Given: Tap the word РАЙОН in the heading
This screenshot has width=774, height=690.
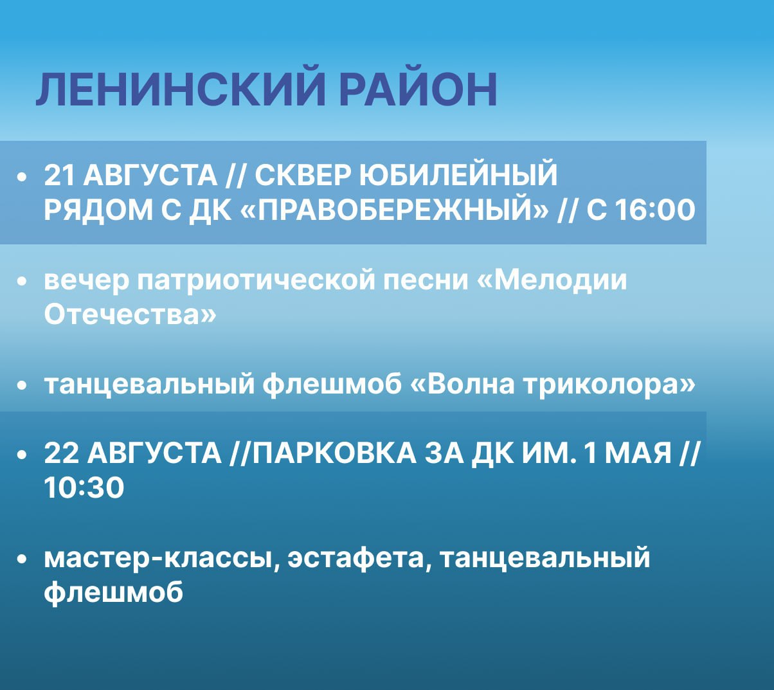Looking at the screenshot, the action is (x=419, y=89).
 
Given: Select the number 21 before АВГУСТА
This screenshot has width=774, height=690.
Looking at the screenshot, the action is (x=59, y=176).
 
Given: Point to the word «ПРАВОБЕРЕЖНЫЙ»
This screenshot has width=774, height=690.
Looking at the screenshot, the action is (x=395, y=210).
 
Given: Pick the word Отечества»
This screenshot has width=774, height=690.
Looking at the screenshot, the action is (x=130, y=315).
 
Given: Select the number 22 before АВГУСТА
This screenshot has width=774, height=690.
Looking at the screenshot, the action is (x=61, y=453).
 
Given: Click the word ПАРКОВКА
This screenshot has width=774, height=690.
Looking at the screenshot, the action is (x=334, y=453).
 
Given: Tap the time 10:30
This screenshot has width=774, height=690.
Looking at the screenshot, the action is (x=84, y=488).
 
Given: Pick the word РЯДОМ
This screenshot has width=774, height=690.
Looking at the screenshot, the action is (x=98, y=210).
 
